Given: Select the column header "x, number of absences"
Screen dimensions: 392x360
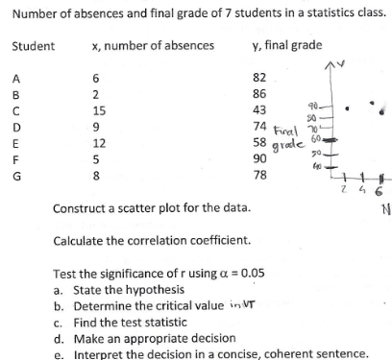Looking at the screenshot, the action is [153, 46].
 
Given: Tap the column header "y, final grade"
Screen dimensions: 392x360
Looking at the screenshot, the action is [285, 46].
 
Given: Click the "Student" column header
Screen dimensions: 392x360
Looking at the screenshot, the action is [33, 46].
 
